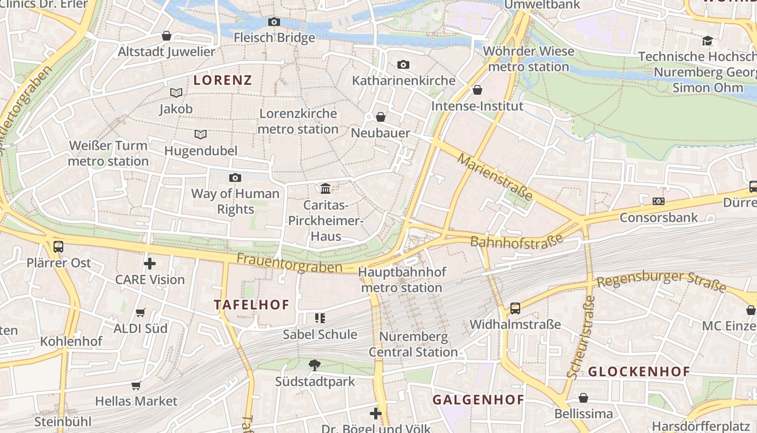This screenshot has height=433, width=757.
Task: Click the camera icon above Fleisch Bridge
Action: pos(274,22)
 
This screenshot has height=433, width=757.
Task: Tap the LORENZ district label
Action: pos(223,81)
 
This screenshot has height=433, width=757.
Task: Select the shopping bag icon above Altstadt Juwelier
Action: pos(167,36)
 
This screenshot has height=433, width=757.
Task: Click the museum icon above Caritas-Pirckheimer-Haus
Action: pos(326,189)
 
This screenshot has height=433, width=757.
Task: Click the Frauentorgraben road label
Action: pos(289,264)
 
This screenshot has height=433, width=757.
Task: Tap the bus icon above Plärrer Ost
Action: pos(58,247)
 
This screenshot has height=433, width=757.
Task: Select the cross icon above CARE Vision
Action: pos(150,264)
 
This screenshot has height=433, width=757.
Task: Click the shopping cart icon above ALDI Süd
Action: pos(141,312)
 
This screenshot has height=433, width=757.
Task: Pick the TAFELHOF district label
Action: pos(252,305)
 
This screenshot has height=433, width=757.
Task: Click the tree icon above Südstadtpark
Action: pos(315,365)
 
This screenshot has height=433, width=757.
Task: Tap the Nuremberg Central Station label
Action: pos(414,344)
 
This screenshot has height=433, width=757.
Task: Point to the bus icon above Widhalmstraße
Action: pos(515,309)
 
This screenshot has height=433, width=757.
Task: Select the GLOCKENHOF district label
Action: pos(639,372)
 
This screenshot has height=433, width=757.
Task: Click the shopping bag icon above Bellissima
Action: pos(583,398)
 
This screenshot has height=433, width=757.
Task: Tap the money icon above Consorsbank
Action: pos(658,201)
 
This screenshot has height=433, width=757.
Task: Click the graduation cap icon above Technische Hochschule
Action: pos(707,41)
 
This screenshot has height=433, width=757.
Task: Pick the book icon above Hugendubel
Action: pos(201,134)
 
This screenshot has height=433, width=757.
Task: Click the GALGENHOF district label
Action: pos(478,400)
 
